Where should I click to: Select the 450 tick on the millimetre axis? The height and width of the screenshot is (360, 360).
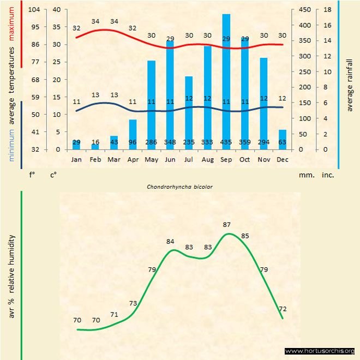[306, 9]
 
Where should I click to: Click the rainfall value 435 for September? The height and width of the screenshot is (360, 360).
[226, 142]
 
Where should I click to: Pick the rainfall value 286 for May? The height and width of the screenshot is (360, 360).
[151, 142]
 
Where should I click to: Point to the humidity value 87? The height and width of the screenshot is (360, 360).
[227, 225]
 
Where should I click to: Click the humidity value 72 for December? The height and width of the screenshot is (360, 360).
[283, 309]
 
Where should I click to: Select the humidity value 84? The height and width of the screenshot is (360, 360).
[171, 241]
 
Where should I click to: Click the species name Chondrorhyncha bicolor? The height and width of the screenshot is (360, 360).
[179, 186]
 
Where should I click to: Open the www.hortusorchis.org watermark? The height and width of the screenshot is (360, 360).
[320, 351]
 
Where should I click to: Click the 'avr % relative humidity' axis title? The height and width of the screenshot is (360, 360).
[11, 284]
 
